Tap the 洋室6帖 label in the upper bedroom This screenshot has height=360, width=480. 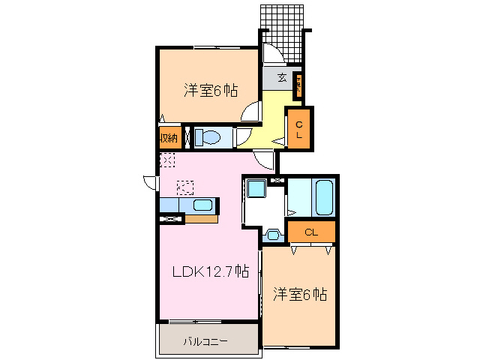tap(211, 91)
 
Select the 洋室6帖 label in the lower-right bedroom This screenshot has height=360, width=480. tap(298, 295)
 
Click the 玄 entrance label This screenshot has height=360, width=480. tap(282, 77)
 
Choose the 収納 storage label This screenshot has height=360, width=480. tap(167, 137)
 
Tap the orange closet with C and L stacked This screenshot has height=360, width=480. tap(298, 129)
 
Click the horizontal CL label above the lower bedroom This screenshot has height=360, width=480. tap(311, 232)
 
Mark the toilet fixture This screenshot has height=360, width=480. tap(207, 137)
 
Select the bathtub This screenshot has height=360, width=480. tap(324, 196)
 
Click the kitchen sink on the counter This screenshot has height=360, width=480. tap(204, 205)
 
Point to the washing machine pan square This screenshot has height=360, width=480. tap(257, 188)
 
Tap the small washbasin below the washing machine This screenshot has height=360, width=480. tap(272, 235)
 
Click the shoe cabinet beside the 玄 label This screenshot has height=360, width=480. tap(298, 84)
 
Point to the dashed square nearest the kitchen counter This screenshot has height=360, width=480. tap(185, 186)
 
